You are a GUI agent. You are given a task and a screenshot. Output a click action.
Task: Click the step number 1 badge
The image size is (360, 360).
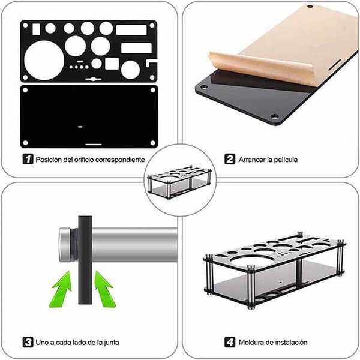coord(28,159)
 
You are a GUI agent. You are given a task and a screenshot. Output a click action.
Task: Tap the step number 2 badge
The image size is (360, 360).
coord(230,159)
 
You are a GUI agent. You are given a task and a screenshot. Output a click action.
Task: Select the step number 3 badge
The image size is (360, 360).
coord(28,343)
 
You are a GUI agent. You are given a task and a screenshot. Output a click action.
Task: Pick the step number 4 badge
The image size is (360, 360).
coord(230,343)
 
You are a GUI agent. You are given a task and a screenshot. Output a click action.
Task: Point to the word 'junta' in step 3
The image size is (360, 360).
coord(111,343)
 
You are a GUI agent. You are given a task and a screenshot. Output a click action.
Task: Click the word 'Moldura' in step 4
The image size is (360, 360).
coord(251,343)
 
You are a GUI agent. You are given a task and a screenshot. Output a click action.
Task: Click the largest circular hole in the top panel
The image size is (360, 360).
coord(44,61)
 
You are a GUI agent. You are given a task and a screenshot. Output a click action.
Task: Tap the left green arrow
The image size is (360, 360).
coord(61,289)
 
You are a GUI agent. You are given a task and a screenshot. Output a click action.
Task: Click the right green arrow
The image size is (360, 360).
coord(104,289)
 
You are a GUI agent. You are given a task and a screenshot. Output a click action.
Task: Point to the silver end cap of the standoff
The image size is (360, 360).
coord(65,245)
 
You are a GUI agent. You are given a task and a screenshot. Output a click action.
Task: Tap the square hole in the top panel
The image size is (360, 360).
coord(112,64)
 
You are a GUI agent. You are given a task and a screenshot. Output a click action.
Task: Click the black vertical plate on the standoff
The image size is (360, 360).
coord(85,260)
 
